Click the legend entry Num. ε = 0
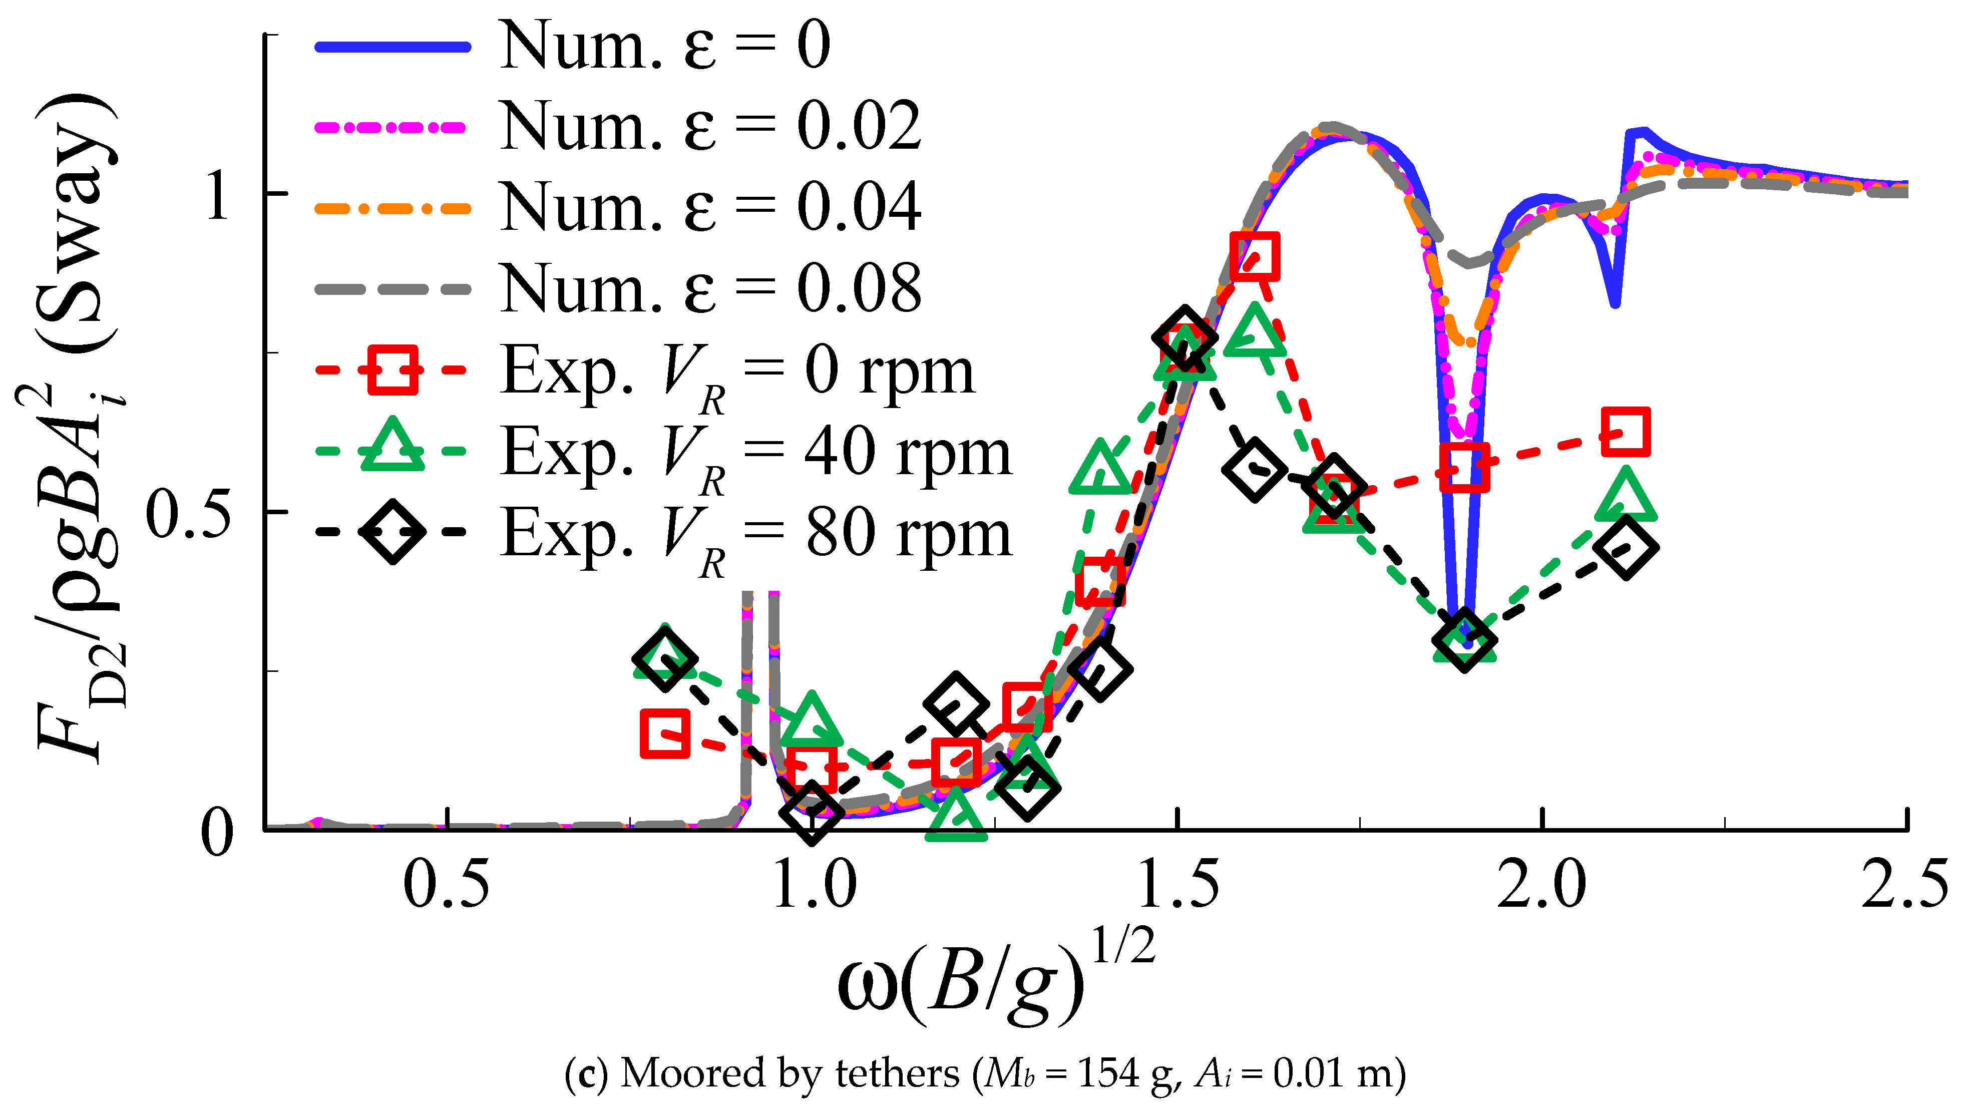[x=664, y=46]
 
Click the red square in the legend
[x=392, y=370]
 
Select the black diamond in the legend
[x=392, y=532]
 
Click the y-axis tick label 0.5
[x=187, y=513]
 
